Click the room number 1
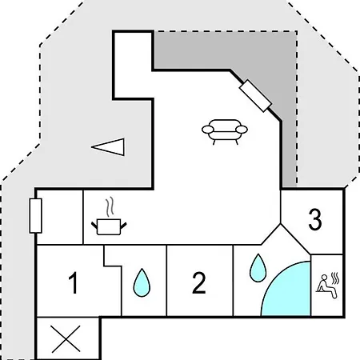pos(74,282)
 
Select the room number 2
pos(199,282)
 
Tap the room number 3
pos(315,219)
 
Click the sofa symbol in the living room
pos(225,132)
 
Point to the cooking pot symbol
pos(109,226)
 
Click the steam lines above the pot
pos(110,207)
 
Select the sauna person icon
pos(326,286)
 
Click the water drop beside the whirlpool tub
pos(258,268)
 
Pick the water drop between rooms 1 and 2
pos(142,282)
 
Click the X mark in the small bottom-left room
pos(66,338)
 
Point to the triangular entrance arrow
pos(110,146)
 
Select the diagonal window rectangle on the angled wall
pos(255,95)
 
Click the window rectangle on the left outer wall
pos(35,216)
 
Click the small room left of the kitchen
pos(60,217)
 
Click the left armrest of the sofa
pos(208,130)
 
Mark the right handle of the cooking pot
pos(123,226)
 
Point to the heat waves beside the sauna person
pos(335,278)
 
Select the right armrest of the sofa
pos(242,130)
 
